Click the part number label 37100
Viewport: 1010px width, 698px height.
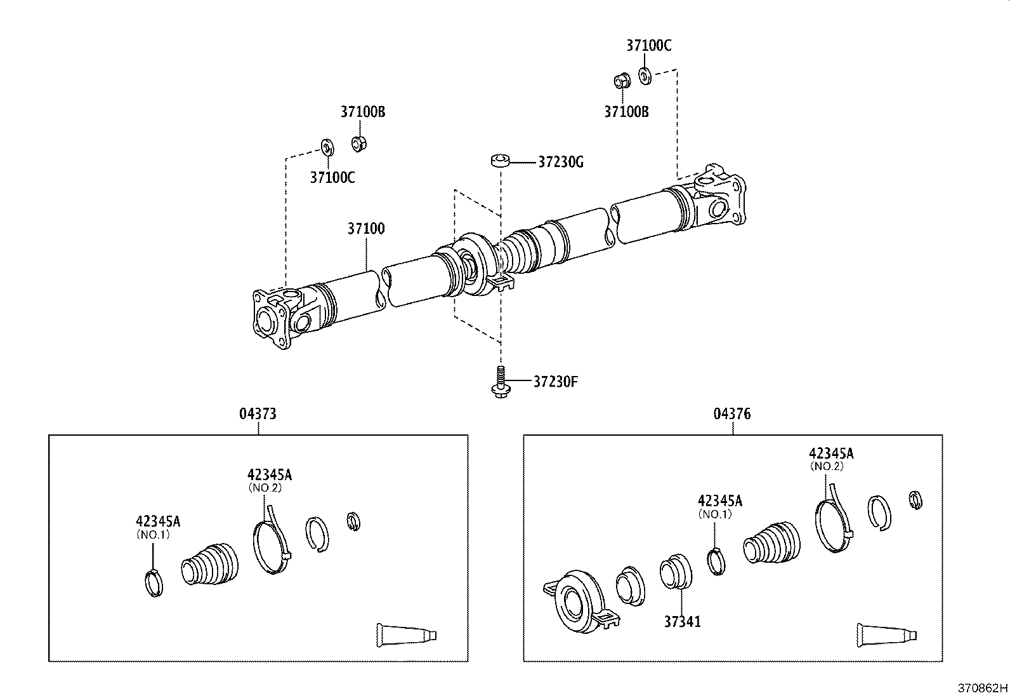pos(365,229)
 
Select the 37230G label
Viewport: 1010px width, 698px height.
pos(560,163)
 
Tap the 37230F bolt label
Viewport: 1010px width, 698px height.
pos(555,382)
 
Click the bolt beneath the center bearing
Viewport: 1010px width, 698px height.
pos(499,383)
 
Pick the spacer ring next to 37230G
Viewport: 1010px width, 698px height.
pos(500,159)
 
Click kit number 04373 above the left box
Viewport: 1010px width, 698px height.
pos(258,414)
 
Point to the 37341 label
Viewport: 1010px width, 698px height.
pos(682,621)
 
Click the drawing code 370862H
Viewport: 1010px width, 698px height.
pos(982,688)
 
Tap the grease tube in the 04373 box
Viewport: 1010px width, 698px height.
pos(406,634)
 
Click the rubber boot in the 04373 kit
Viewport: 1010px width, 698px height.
pos(211,561)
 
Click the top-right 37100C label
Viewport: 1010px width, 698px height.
pos(648,46)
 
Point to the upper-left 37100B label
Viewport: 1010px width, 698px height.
pos(363,112)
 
